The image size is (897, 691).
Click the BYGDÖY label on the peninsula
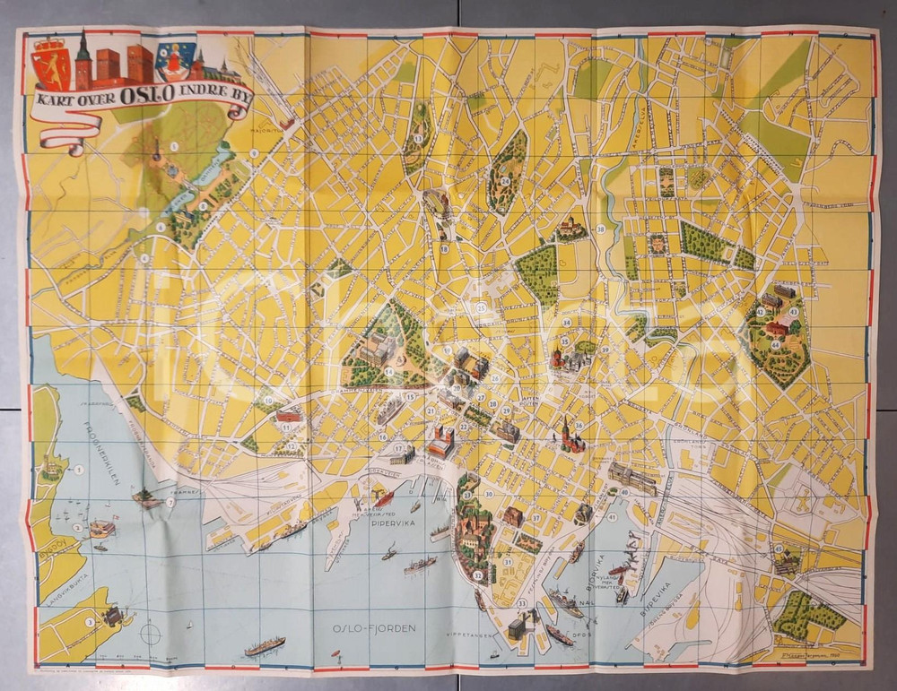pyautogui.click(x=53, y=548)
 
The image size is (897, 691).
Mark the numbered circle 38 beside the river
pyautogui.click(x=600, y=229)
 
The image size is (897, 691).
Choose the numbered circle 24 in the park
pyautogui.click(x=506, y=180)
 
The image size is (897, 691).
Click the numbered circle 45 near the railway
pyautogui.click(x=779, y=548)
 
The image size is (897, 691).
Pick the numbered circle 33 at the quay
pyautogui.click(x=521, y=603)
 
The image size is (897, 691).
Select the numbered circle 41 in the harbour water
pyautogui.click(x=612, y=516)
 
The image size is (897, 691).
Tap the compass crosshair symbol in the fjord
pyautogui.click(x=150, y=634)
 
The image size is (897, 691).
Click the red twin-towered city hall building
pyautogui.click(x=440, y=440)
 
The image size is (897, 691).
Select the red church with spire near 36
pyautogui.click(x=568, y=436)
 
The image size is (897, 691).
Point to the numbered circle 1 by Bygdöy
pyautogui.click(x=79, y=469)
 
